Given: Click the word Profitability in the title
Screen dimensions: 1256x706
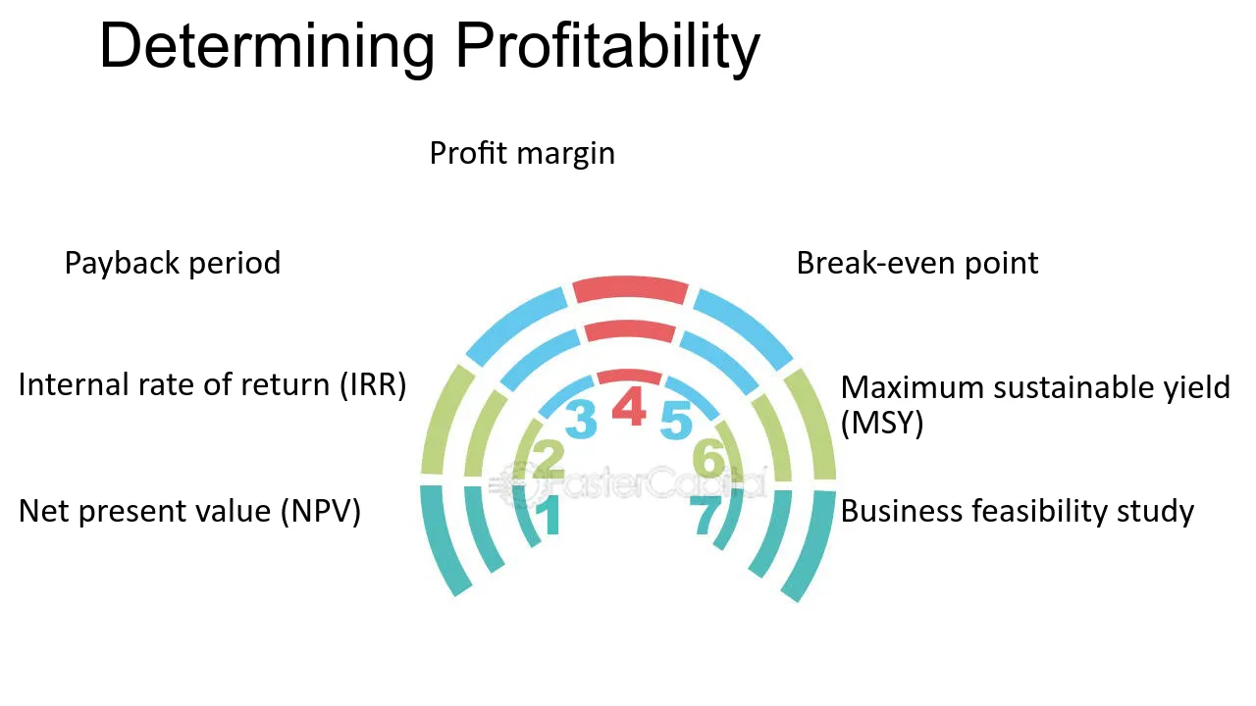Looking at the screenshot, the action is click(607, 48).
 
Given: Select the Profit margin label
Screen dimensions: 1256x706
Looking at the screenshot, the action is click(522, 154).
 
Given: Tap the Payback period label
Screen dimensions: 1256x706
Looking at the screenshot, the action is click(172, 264).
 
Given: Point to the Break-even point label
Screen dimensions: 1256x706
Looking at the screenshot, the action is click(917, 264).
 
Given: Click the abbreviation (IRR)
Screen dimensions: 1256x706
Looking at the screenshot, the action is click(373, 385).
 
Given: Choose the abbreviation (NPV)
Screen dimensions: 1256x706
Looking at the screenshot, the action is click(320, 511).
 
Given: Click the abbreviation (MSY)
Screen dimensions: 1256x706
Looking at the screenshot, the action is click(882, 423).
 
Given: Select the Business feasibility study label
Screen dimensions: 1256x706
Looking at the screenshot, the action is click(1018, 512).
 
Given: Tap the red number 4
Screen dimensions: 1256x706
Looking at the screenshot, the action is click(629, 406).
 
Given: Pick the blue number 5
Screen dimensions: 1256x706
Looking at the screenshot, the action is click(676, 421).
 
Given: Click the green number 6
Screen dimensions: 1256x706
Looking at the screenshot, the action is click(708, 458).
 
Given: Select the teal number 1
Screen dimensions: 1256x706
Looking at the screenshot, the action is click(549, 515).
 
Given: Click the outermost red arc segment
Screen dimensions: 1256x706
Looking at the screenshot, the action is click(630, 288).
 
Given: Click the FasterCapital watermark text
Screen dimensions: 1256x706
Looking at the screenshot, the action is click(628, 483).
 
